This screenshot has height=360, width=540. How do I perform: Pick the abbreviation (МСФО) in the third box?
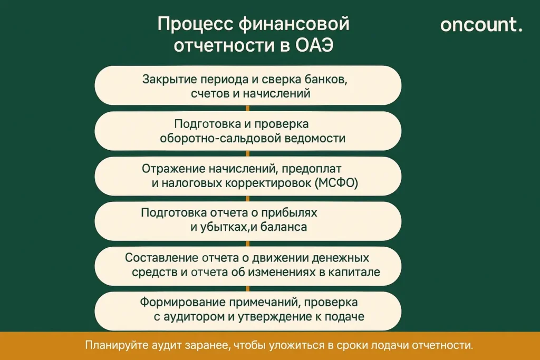[336, 183]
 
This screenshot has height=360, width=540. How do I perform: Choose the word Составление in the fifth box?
[161, 258]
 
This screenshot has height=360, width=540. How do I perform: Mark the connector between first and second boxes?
[247, 108]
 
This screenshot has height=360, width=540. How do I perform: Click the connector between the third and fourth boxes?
[247, 198]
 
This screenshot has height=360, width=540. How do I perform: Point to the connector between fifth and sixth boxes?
[247, 288]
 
